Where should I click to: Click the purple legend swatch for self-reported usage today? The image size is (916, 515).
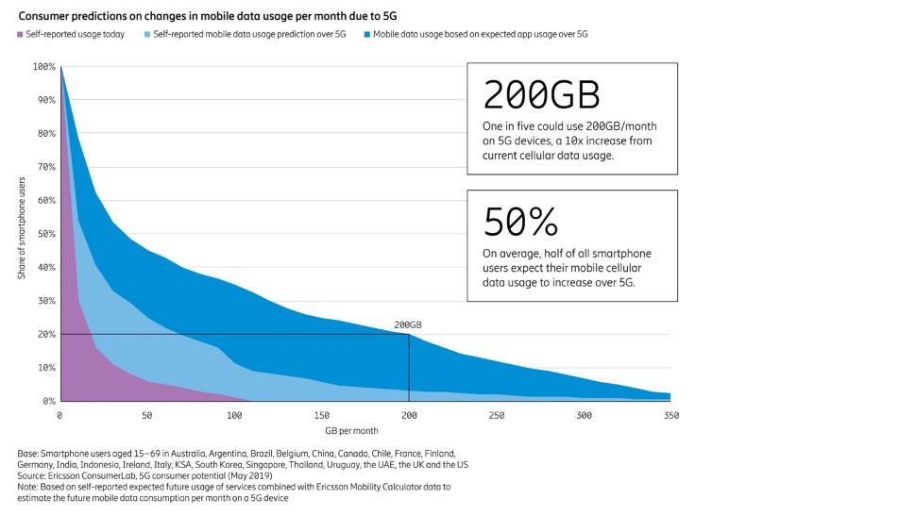(20, 34)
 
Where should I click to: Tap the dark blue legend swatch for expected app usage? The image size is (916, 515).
(366, 34)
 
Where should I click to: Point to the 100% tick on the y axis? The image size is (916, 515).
(44, 67)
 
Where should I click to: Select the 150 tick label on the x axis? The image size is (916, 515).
(322, 415)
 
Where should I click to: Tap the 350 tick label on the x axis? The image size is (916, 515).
(671, 415)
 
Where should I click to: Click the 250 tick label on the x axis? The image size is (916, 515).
(497, 415)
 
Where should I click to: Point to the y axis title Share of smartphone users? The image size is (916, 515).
(21, 234)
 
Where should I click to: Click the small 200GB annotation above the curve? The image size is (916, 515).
(408, 325)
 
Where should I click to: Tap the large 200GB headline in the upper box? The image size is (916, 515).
(541, 96)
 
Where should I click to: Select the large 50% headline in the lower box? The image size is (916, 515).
(520, 222)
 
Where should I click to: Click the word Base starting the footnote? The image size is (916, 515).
(27, 454)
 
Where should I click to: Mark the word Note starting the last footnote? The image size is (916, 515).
(27, 487)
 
